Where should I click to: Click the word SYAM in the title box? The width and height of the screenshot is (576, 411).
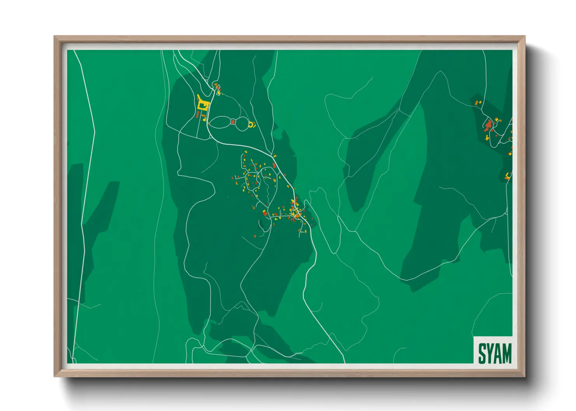[495, 353]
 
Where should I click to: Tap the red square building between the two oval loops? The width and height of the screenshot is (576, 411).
[233, 122]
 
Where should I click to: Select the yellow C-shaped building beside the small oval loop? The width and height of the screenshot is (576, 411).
[251, 125]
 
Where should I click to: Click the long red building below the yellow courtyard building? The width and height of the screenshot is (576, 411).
[198, 115]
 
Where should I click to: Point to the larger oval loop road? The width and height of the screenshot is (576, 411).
[220, 122]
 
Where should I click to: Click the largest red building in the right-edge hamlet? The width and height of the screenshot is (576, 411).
[488, 124]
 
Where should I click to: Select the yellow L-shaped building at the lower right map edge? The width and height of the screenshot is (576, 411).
[508, 176]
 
